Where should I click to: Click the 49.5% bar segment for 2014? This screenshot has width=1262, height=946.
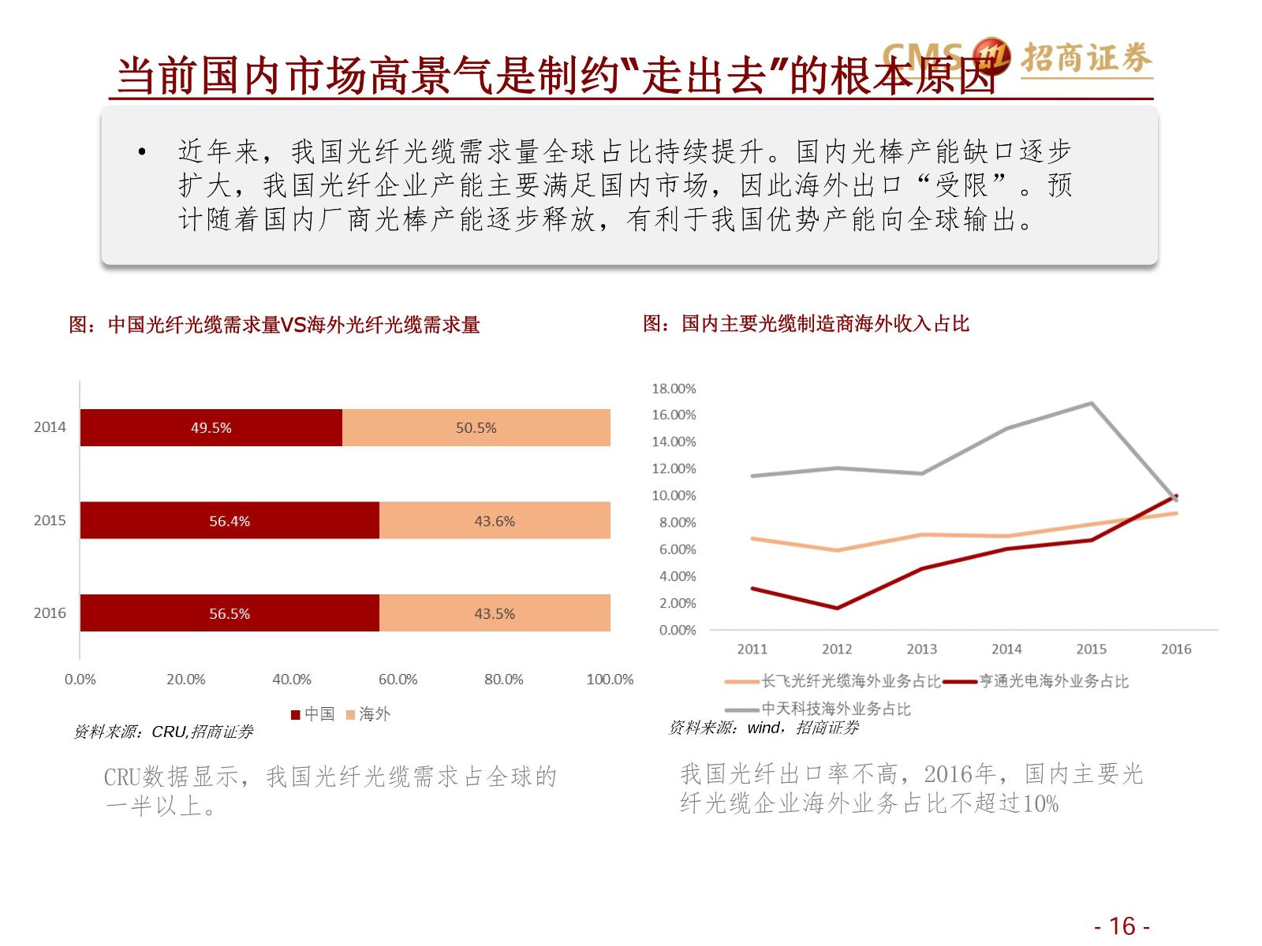pos(211,428)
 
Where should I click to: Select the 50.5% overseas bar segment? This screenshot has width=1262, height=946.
pos(476,428)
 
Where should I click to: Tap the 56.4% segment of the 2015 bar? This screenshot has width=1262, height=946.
pos(230,521)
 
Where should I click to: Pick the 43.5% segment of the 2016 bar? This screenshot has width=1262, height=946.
pos(495,614)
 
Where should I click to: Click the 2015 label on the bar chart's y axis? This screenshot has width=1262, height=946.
pos(50,520)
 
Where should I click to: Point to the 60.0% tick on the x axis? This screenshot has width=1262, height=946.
pos(398,680)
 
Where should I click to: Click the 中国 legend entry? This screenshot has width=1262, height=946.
pos(313,714)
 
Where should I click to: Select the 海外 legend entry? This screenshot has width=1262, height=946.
pos(368,714)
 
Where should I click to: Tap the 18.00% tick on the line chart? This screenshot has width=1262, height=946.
pos(674,389)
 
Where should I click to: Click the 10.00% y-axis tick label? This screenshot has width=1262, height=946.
pos(674,496)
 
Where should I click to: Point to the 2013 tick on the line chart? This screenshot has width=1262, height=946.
pos(921,650)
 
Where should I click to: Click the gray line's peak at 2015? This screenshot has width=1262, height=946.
pos(1092,404)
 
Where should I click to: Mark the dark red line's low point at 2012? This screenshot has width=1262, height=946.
pos(837,608)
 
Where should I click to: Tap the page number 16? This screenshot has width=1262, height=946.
pos(1122,926)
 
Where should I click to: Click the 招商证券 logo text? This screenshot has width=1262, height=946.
pos(1086,58)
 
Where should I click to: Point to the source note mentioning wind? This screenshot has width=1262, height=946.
pos(764,728)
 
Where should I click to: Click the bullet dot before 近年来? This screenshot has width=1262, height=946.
pos(142,151)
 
